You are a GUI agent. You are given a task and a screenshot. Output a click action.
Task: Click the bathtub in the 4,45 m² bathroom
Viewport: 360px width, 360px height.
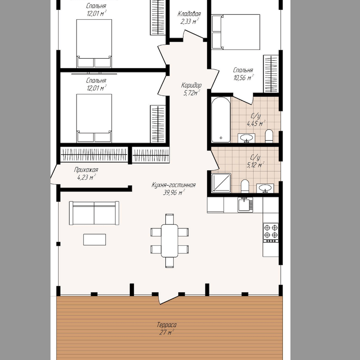click(221, 120)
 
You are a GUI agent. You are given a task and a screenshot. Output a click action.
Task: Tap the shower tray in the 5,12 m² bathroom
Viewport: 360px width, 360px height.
click(221, 183)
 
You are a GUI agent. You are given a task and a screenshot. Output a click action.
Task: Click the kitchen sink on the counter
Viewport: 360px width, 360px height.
click(245, 205)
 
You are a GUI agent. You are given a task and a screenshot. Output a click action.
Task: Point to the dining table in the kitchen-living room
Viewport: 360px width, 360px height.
click(169, 241)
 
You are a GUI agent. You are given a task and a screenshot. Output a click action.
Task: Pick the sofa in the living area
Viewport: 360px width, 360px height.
click(94, 213)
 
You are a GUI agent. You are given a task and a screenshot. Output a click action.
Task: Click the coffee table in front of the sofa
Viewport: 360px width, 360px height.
click(94, 239)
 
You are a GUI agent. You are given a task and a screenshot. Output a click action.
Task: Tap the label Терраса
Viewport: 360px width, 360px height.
click(167, 325)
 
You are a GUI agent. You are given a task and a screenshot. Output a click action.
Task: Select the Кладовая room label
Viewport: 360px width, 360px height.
click(189, 14)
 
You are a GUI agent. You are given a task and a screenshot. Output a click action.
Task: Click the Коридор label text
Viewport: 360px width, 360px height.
click(191, 86)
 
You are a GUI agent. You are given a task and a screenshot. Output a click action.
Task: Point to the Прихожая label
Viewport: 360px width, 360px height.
click(86, 170)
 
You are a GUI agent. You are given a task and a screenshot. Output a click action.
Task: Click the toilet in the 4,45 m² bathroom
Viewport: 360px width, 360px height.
click(269, 136)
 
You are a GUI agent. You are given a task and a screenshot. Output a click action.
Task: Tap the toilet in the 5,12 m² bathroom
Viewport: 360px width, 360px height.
click(245, 186)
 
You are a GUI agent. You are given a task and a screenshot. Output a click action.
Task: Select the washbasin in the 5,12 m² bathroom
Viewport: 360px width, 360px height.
click(265, 188)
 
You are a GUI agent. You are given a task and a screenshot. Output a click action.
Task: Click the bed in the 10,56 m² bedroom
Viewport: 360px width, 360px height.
click(236, 32)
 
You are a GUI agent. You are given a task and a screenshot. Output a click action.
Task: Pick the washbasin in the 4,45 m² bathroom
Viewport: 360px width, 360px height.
click(246, 138)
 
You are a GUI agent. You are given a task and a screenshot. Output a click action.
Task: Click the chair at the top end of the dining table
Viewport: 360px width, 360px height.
click(169, 219)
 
